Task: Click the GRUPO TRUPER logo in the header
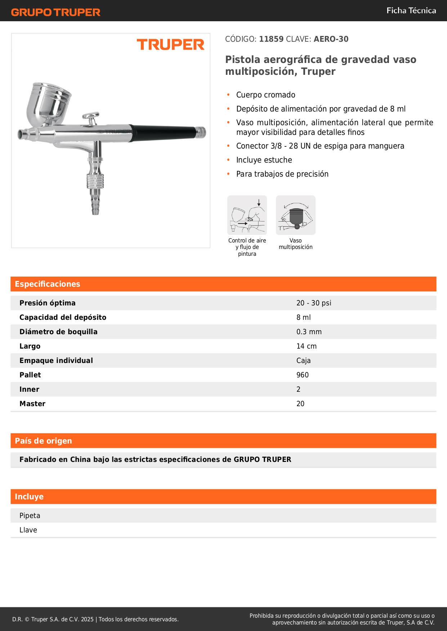pyautogui.click(x=55, y=12)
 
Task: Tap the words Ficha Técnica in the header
pyautogui.click(x=411, y=11)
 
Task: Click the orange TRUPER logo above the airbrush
pyautogui.click(x=170, y=45)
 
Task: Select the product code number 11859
pyautogui.click(x=271, y=39)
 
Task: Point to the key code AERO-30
pyautogui.click(x=331, y=39)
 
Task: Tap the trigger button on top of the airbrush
pyautogui.click(x=91, y=117)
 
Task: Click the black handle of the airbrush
pyautogui.click(x=164, y=132)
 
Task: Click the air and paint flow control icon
pyautogui.click(x=247, y=215)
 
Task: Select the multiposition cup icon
pyautogui.click(x=295, y=215)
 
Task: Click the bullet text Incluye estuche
pyautogui.click(x=264, y=160)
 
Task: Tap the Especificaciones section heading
pyautogui.click(x=48, y=284)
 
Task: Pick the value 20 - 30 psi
pyautogui.click(x=314, y=303)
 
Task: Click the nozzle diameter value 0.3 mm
pyautogui.click(x=309, y=332)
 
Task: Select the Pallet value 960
pyautogui.click(x=303, y=375)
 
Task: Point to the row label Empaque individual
pyautogui.click(x=56, y=360)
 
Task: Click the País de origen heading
pyautogui.click(x=43, y=441)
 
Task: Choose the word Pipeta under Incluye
pyautogui.click(x=30, y=516)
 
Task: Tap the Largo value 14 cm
pyautogui.click(x=307, y=346)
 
